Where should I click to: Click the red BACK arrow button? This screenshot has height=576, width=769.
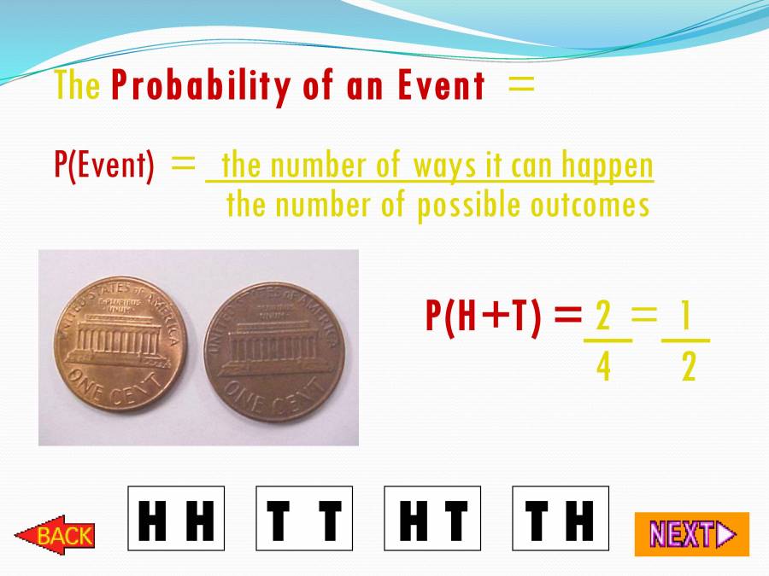click(55, 535)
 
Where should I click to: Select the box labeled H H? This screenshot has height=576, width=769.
click(176, 519)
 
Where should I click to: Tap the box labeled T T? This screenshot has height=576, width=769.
click(304, 519)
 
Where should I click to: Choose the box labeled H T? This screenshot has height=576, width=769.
click(432, 519)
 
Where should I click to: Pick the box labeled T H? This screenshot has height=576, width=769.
click(561, 519)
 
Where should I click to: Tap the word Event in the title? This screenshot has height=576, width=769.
click(441, 86)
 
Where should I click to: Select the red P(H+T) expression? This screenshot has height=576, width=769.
click(484, 317)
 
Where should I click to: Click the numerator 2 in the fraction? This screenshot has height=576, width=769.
click(603, 317)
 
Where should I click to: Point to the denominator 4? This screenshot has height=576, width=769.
click(604, 369)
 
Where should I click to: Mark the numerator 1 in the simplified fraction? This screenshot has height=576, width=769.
click(684, 317)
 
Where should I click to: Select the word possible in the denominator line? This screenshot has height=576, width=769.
click(467, 206)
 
